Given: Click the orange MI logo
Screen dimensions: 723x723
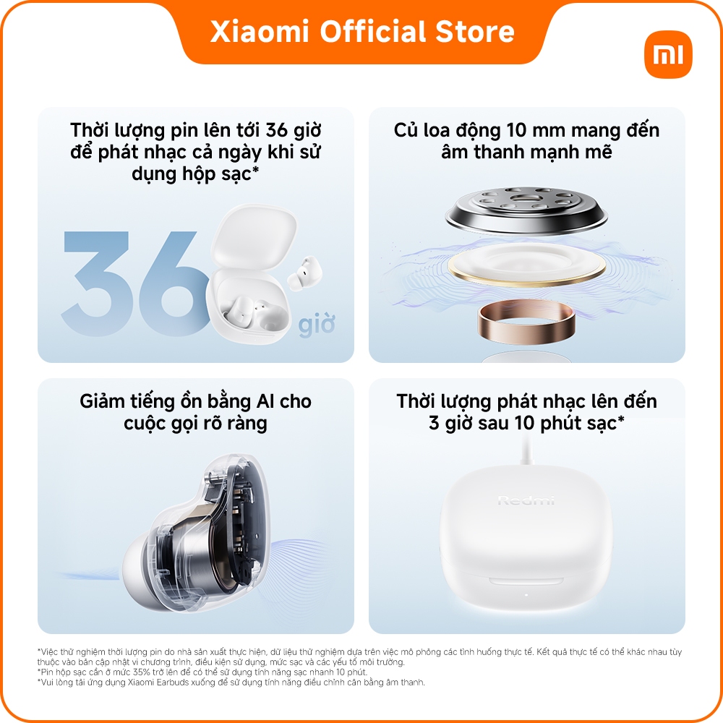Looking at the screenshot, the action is (668, 55).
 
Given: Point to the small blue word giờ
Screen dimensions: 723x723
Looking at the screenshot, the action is (317, 324).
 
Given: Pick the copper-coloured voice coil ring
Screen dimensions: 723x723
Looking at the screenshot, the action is (526, 322).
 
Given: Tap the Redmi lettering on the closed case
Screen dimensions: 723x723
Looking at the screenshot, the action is (526, 500).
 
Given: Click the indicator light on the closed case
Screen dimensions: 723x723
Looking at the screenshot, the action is (526, 594).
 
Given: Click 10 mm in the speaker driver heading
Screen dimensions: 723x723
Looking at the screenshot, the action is (535, 130).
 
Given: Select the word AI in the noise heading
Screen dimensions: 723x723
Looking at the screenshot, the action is (265, 401).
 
